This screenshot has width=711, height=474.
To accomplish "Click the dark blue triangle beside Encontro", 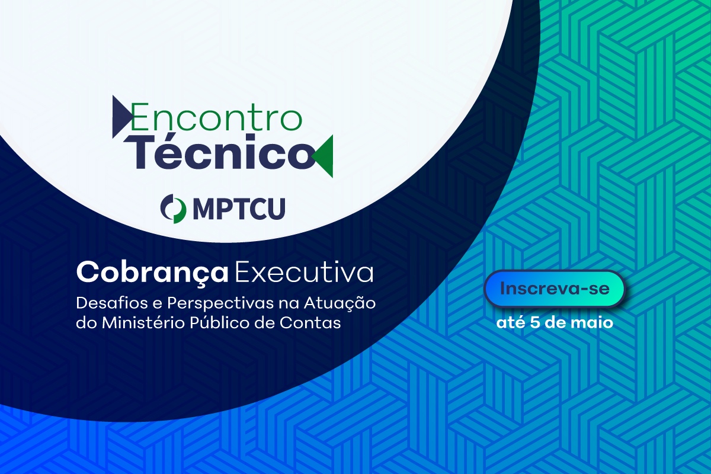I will [121, 117].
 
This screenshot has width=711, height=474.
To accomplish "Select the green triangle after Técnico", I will [325, 156].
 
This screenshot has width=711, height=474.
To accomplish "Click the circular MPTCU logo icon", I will [173, 209].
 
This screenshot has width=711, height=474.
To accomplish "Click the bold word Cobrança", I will [152, 273].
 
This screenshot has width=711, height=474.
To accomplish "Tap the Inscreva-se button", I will [555, 289].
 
